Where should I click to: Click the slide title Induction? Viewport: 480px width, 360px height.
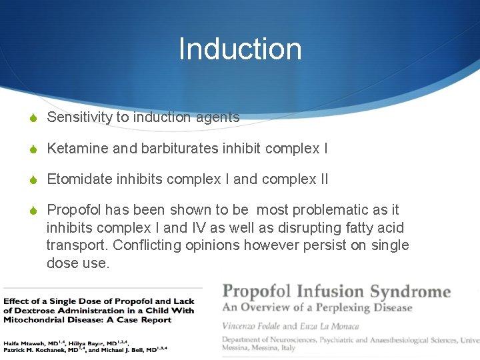240,49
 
